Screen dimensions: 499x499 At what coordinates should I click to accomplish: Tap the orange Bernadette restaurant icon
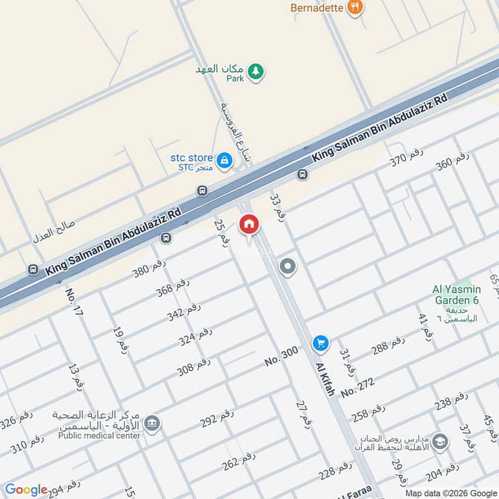point(355,7)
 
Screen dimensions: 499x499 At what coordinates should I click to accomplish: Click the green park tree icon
point(254,72)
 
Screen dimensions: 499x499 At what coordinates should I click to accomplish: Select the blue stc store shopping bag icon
point(224,162)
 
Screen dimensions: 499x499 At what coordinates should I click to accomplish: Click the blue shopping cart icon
point(321,342)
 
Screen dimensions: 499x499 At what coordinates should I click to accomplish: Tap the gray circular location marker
point(288,268)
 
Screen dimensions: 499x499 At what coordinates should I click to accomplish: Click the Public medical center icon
point(152,424)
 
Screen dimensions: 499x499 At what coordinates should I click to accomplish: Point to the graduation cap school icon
point(440,441)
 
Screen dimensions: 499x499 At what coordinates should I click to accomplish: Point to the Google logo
point(26,490)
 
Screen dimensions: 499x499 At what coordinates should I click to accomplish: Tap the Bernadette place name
point(316,8)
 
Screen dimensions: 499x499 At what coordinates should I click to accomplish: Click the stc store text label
point(192,158)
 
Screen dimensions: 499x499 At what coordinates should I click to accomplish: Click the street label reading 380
point(149,268)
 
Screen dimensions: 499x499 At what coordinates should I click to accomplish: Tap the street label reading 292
point(217,419)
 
